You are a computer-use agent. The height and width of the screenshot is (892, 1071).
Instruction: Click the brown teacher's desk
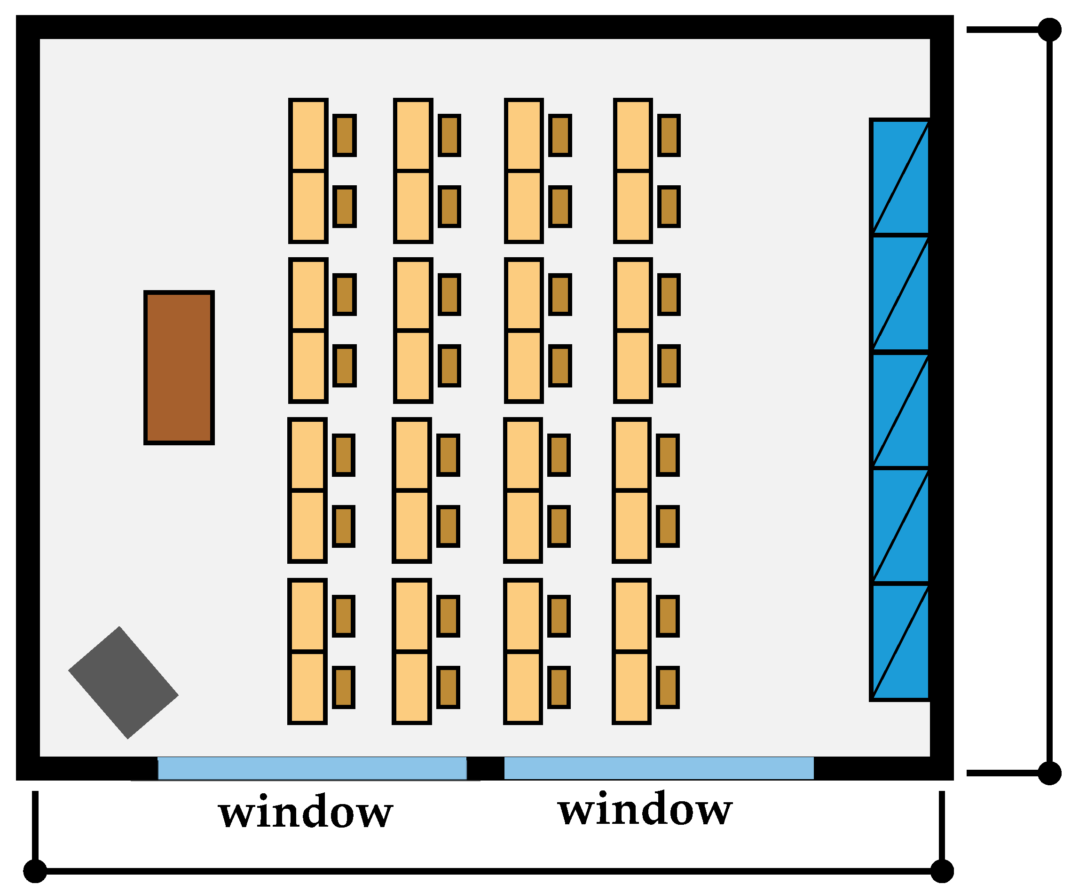179,368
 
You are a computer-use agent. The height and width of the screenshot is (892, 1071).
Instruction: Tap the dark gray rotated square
124,682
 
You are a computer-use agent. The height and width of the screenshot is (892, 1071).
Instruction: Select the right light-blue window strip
659,768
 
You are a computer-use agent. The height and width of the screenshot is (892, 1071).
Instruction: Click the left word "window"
306,812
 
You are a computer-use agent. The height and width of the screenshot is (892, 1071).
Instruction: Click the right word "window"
645,809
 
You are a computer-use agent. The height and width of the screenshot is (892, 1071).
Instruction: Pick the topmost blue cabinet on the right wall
901,177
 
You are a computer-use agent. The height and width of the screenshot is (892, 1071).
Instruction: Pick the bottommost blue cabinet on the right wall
901,641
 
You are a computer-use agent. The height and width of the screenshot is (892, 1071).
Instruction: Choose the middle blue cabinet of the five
901,410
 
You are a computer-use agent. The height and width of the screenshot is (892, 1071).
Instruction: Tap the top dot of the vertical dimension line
1049,30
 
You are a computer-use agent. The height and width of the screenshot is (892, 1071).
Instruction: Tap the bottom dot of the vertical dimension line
1049,773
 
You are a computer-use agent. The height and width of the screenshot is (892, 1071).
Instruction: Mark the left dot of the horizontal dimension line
35,870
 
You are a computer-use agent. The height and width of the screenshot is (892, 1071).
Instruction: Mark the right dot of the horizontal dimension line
942,870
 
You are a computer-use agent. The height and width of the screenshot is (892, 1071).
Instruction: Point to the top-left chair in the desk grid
345,135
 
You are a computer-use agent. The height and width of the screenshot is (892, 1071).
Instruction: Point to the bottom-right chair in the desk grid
668,687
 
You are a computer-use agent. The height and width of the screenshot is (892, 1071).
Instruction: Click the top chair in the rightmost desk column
669,135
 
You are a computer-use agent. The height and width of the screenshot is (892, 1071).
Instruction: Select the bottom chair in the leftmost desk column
344,687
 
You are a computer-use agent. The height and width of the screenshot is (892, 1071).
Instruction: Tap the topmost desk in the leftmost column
308,134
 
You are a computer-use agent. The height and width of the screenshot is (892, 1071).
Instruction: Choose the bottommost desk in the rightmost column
631,687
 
